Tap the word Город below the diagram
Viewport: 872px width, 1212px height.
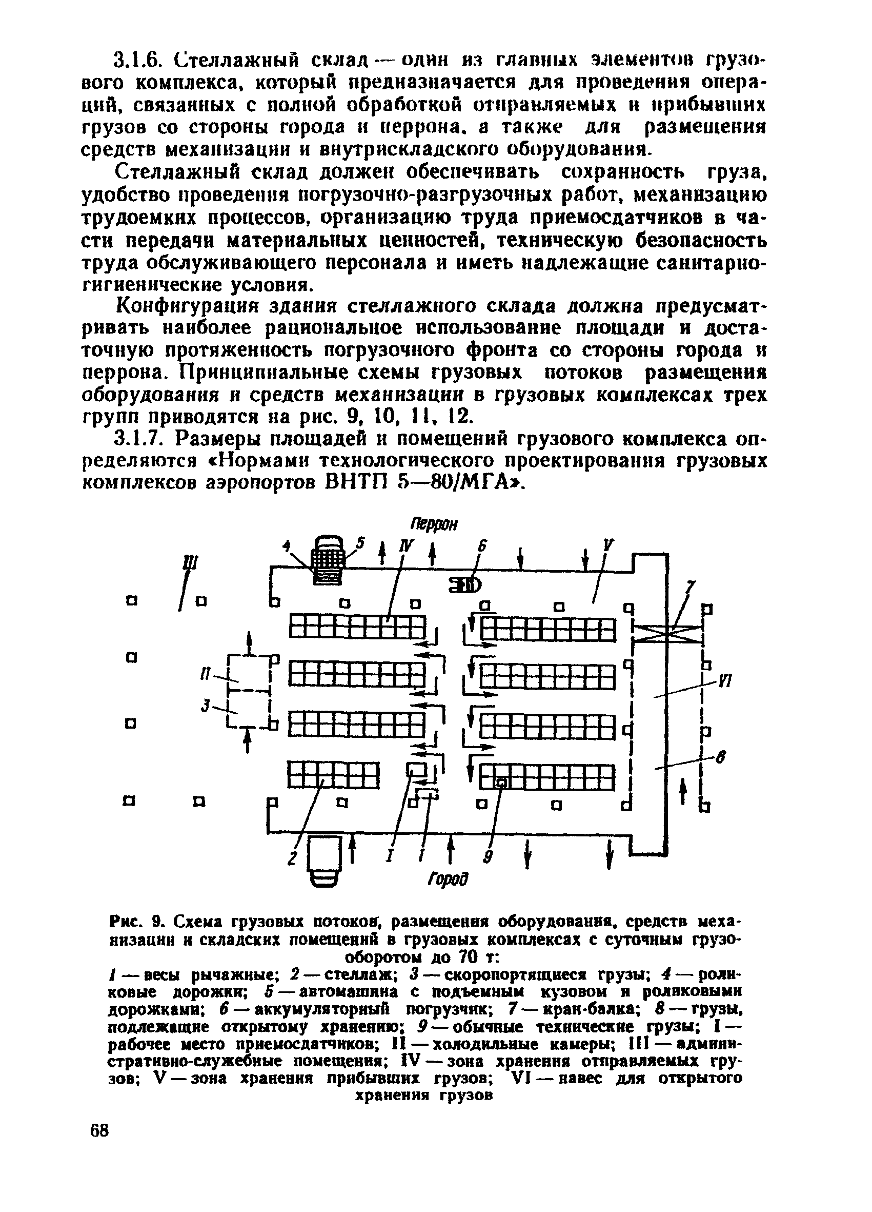click(448, 879)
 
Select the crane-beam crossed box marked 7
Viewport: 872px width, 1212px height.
click(666, 634)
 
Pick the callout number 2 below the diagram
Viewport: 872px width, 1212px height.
click(292, 859)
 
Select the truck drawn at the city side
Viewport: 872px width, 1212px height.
click(325, 863)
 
